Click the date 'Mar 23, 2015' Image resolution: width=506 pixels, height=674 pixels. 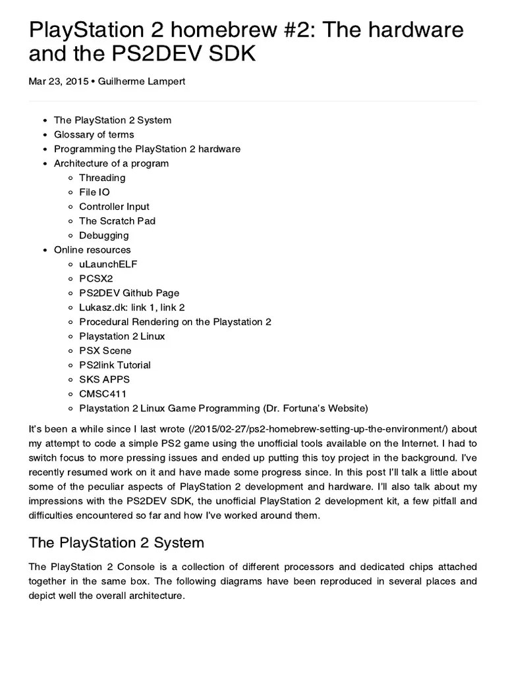[x=57, y=82]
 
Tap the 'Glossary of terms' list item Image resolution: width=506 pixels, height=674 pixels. [x=94, y=134]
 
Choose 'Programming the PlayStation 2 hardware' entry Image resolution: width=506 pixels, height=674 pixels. [x=147, y=149]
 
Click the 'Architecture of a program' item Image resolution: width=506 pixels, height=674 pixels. [x=111, y=163]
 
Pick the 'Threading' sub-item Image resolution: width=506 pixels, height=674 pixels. [x=102, y=178]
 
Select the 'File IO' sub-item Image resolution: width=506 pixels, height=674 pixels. [x=94, y=192]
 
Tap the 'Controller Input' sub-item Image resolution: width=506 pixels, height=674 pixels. [x=114, y=207]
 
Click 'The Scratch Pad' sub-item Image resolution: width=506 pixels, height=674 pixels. [x=117, y=221]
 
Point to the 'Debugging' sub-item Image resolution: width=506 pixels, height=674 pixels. [x=103, y=236]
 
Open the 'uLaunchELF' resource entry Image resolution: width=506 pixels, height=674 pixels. [x=108, y=264]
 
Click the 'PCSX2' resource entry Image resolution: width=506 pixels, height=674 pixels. [x=96, y=278]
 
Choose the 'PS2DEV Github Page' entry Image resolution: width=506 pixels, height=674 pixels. [x=129, y=293]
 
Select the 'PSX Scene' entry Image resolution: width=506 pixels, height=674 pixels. [x=105, y=351]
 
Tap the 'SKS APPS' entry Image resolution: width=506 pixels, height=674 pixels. [x=104, y=379]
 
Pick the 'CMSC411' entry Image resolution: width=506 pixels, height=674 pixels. [x=102, y=394]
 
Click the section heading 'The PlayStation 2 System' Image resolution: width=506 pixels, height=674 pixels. [x=117, y=542]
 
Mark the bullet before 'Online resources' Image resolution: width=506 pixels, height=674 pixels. [x=44, y=250]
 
